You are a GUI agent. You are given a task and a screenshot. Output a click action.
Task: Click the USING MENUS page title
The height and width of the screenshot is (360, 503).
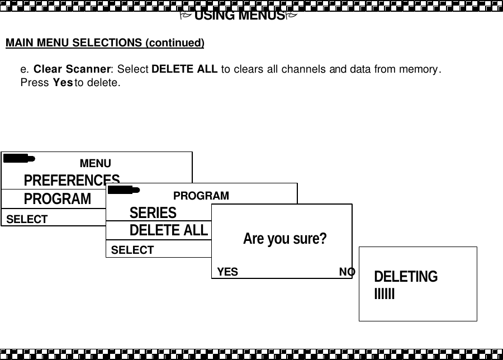click(239, 15)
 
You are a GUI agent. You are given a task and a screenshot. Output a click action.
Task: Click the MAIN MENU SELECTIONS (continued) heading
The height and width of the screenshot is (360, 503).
click(105, 43)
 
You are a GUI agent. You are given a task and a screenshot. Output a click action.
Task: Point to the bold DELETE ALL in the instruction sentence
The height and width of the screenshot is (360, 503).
click(185, 70)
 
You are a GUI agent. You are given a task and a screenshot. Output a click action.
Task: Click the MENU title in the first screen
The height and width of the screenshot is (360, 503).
click(95, 163)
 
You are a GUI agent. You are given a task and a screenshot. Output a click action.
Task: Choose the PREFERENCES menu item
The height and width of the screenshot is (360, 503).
click(72, 179)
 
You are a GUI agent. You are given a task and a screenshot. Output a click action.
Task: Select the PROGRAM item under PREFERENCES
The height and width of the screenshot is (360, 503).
click(57, 198)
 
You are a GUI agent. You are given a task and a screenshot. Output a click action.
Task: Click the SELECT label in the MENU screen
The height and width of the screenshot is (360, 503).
click(27, 219)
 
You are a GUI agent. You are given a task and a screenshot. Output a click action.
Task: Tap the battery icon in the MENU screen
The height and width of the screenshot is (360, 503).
click(18, 158)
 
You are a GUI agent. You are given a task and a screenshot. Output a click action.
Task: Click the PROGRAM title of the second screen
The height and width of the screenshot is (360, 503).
click(201, 196)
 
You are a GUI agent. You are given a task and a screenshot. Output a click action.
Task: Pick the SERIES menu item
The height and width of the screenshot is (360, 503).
click(153, 212)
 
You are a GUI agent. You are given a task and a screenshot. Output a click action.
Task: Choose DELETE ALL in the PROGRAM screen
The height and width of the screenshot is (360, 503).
click(168, 230)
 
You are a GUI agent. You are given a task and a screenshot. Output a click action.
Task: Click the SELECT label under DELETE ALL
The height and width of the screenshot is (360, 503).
click(132, 250)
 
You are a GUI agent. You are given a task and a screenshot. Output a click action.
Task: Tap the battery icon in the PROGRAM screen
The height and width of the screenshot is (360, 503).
click(124, 190)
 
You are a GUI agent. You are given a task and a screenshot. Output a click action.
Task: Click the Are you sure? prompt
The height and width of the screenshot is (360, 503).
click(284, 239)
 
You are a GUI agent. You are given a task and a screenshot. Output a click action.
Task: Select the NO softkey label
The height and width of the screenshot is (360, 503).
click(347, 272)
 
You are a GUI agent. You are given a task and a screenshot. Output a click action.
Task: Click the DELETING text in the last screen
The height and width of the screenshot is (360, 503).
click(406, 277)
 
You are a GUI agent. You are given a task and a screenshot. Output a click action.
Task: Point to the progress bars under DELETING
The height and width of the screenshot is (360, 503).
click(385, 293)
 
